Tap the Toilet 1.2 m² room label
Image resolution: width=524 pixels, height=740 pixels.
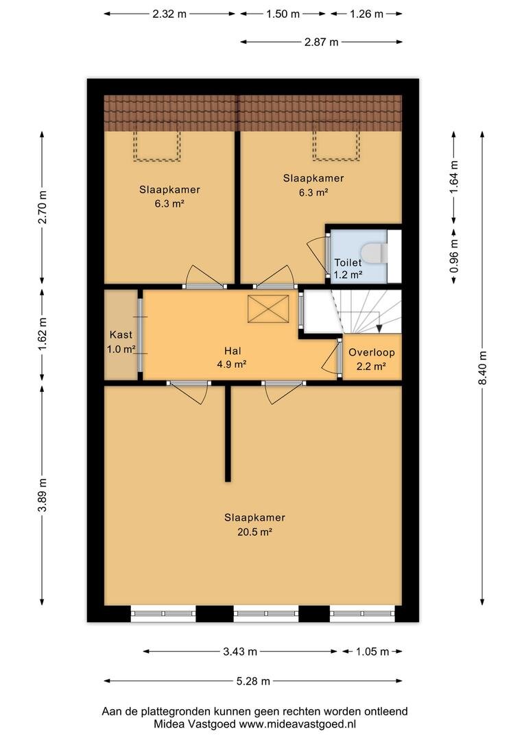[x=348, y=269]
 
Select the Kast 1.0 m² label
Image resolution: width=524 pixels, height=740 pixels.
[x=121, y=342]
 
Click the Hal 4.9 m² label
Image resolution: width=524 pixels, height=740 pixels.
[x=233, y=357]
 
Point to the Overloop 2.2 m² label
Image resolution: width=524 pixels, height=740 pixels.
[x=371, y=359]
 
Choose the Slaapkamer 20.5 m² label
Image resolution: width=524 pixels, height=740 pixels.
[x=254, y=524]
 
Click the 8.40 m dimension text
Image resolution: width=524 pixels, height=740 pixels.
[x=482, y=368]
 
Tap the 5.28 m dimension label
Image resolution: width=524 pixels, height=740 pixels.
[x=253, y=681]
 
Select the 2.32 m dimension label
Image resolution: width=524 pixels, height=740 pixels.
[x=169, y=14]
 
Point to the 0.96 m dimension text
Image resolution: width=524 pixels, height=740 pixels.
[x=454, y=256]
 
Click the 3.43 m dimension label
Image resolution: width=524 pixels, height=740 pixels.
[x=240, y=652]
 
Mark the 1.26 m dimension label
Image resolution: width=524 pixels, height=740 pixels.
[x=366, y=14]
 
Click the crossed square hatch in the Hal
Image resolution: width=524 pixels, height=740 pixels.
[x=268, y=309]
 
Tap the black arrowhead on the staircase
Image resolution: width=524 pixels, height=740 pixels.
[x=379, y=328]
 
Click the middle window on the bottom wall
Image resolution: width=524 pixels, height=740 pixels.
[x=267, y=613]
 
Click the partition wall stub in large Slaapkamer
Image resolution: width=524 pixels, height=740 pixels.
[x=228, y=433]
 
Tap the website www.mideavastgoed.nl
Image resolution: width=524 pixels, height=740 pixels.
[x=297, y=724]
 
